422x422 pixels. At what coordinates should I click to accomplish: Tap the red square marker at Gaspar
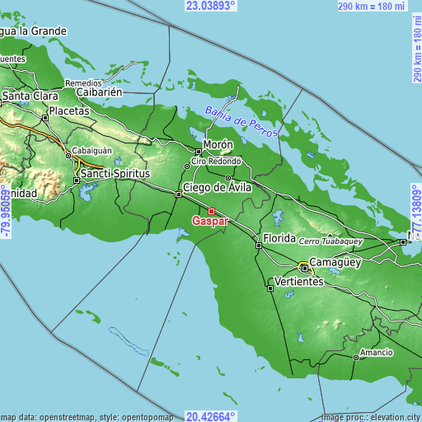211,211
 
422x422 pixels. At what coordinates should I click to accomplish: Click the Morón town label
218,143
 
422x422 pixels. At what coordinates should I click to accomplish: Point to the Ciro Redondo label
217,161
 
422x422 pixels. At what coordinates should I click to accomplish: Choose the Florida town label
279,238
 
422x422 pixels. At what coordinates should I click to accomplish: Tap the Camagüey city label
335,261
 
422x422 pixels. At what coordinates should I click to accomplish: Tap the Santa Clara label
28,96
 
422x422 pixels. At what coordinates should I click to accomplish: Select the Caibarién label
100,92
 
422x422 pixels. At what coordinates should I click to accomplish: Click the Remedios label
83,82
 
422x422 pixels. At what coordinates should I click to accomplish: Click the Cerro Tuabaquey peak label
329,240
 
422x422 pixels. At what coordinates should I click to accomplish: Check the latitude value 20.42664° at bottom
210,416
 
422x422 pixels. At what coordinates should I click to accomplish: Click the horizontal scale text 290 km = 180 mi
372,7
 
